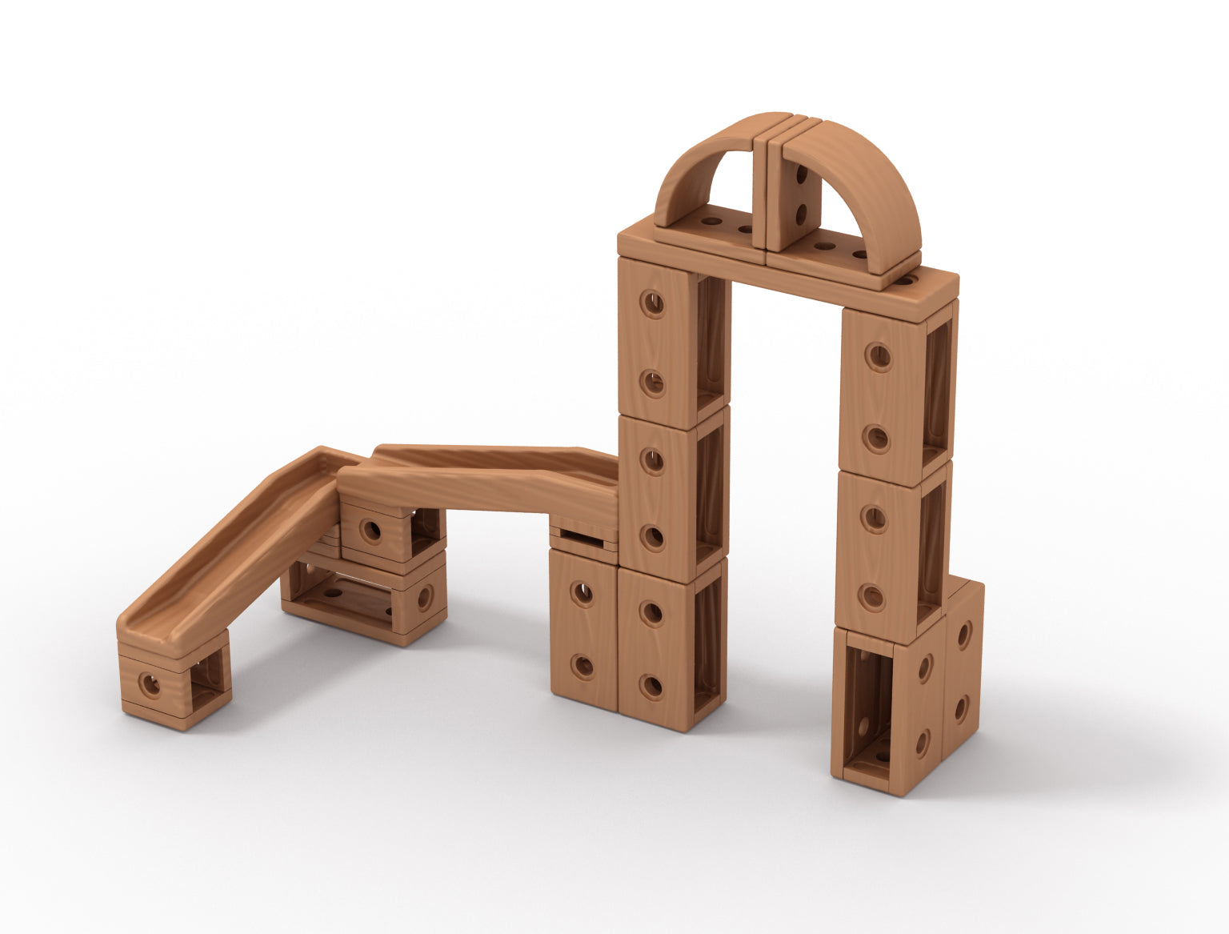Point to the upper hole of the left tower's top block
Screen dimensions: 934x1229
pyautogui.click(x=654, y=303)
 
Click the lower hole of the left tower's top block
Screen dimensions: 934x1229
pyautogui.click(x=653, y=383)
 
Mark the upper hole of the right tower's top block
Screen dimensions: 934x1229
pyautogui.click(x=879, y=356)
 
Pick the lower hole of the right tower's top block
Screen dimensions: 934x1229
pyautogui.click(x=877, y=438)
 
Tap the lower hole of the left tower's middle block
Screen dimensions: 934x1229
pyautogui.click(x=653, y=538)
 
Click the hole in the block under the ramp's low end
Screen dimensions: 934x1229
pyautogui.click(x=150, y=683)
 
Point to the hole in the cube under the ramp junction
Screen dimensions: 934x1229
pyautogui.click(x=370, y=530)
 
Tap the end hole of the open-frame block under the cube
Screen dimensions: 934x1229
pyautogui.click(x=423, y=597)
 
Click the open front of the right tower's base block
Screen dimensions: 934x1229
pyautogui.click(x=866, y=704)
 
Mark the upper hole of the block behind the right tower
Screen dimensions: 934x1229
pyautogui.click(x=963, y=635)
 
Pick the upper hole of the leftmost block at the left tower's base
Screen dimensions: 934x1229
pyautogui.click(x=582, y=594)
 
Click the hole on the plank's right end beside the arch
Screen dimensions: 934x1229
pyautogui.click(x=906, y=280)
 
